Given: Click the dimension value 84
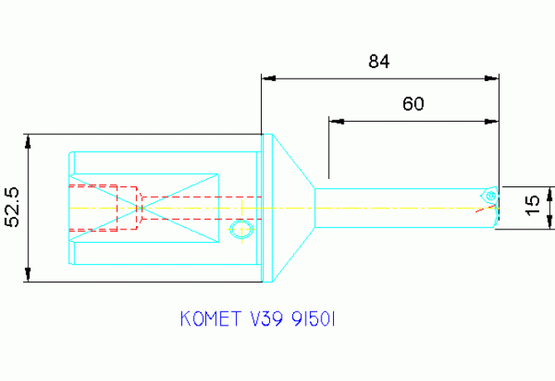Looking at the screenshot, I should click(379, 61).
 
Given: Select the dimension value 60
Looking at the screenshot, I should click(413, 104).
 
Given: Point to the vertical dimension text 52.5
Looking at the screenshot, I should click(12, 207).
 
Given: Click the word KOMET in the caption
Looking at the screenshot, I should click(207, 318).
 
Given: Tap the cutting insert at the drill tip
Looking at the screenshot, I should click(490, 195).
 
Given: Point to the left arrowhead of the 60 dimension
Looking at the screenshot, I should click(334, 121).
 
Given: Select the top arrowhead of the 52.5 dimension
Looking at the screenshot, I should click(27, 139).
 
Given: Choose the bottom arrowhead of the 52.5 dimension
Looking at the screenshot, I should click(27, 277).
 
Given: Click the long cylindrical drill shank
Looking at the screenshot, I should click(398, 207).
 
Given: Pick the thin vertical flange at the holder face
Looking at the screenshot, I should click(268, 207).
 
